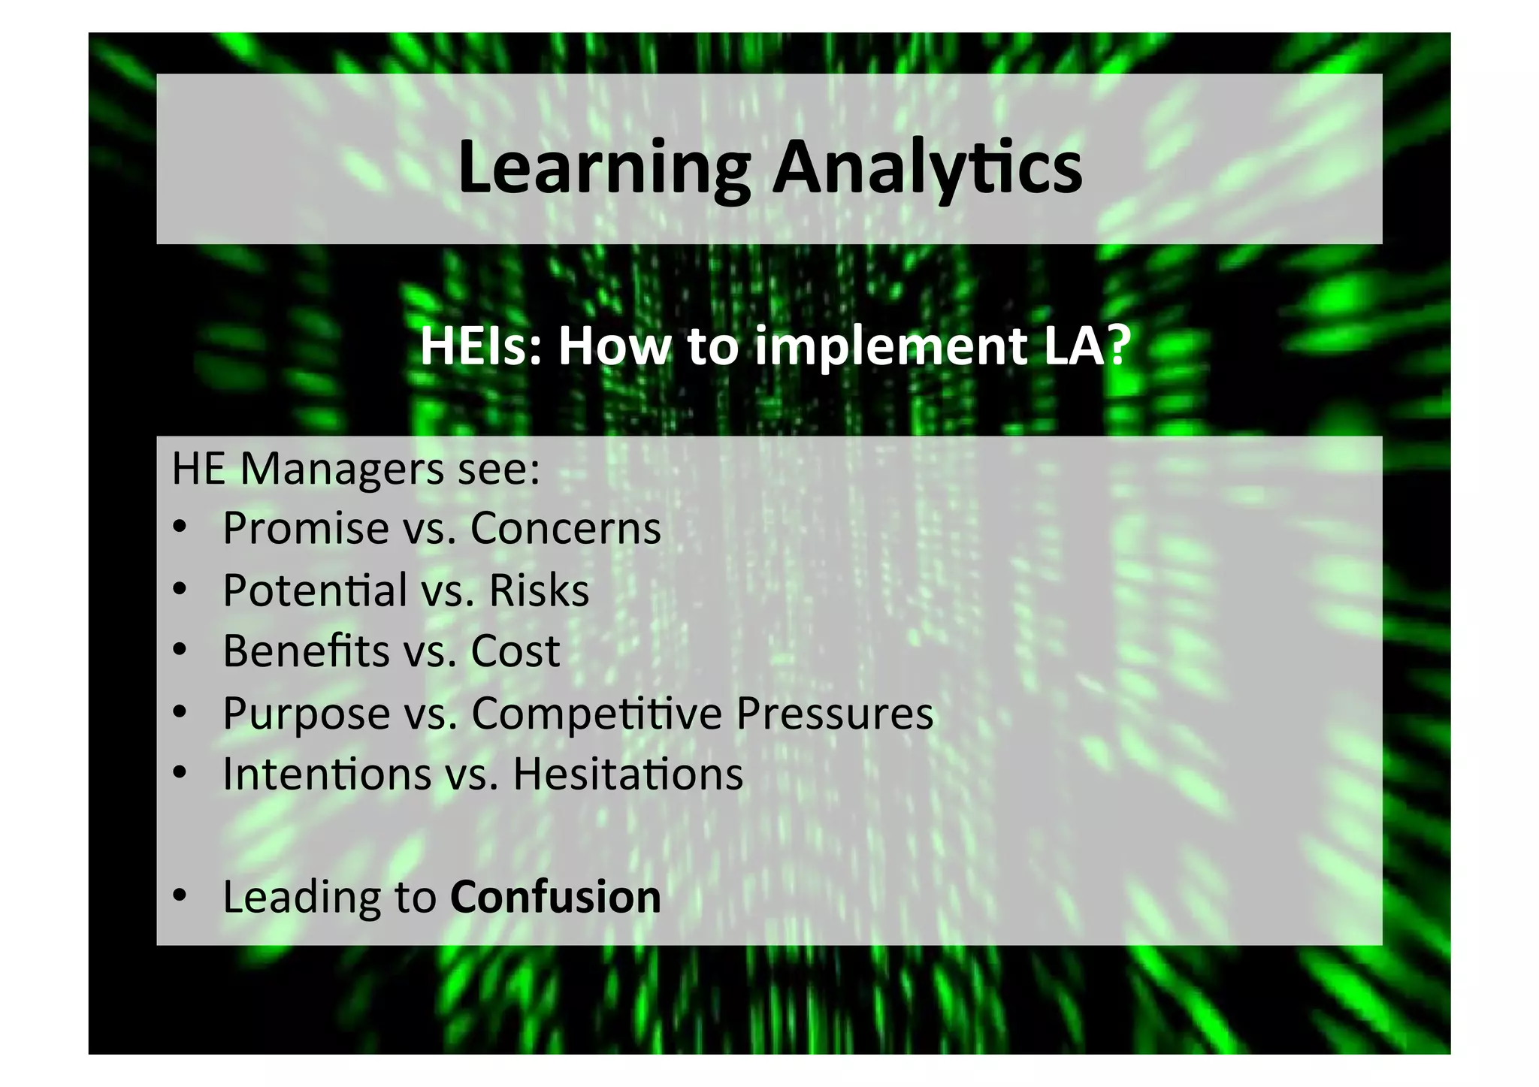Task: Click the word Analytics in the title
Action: [x=927, y=168]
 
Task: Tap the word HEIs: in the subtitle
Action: [x=480, y=346]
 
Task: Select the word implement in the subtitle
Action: [x=890, y=346]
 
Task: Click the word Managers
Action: [x=342, y=470]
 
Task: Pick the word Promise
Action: [x=305, y=528]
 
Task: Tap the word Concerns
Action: [x=565, y=528]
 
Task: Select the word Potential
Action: [x=315, y=590]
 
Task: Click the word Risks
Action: [x=539, y=590]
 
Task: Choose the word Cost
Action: [x=515, y=651]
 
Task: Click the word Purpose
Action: [x=306, y=713]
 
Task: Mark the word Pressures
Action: [x=834, y=713]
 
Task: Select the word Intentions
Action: [x=327, y=774]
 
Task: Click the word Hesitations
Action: [x=627, y=774]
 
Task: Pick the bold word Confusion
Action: [x=555, y=897]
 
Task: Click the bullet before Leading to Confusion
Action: [x=179, y=895]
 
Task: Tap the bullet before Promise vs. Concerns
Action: [x=179, y=527]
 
